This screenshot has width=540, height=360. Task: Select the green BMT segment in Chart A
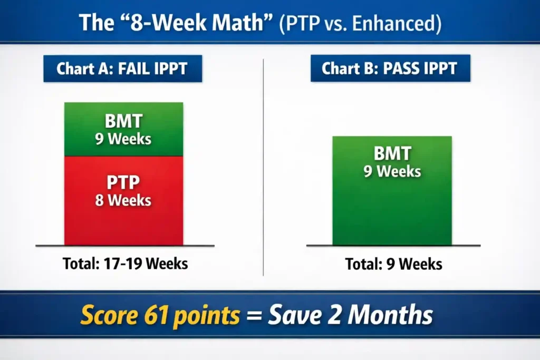(x=123, y=113)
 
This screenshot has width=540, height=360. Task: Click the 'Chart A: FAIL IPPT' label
(x=122, y=69)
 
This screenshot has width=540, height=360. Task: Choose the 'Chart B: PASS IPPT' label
(x=390, y=69)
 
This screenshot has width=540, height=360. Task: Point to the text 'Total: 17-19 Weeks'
(x=125, y=263)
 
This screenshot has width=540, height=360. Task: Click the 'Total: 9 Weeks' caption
(x=393, y=264)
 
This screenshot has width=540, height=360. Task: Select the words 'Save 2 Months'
(x=350, y=315)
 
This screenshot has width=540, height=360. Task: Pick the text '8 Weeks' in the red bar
(x=123, y=200)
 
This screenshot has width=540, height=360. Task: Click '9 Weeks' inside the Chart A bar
(x=123, y=139)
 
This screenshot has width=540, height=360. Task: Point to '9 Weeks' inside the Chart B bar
(x=392, y=171)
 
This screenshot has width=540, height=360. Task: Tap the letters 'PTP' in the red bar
(x=123, y=183)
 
